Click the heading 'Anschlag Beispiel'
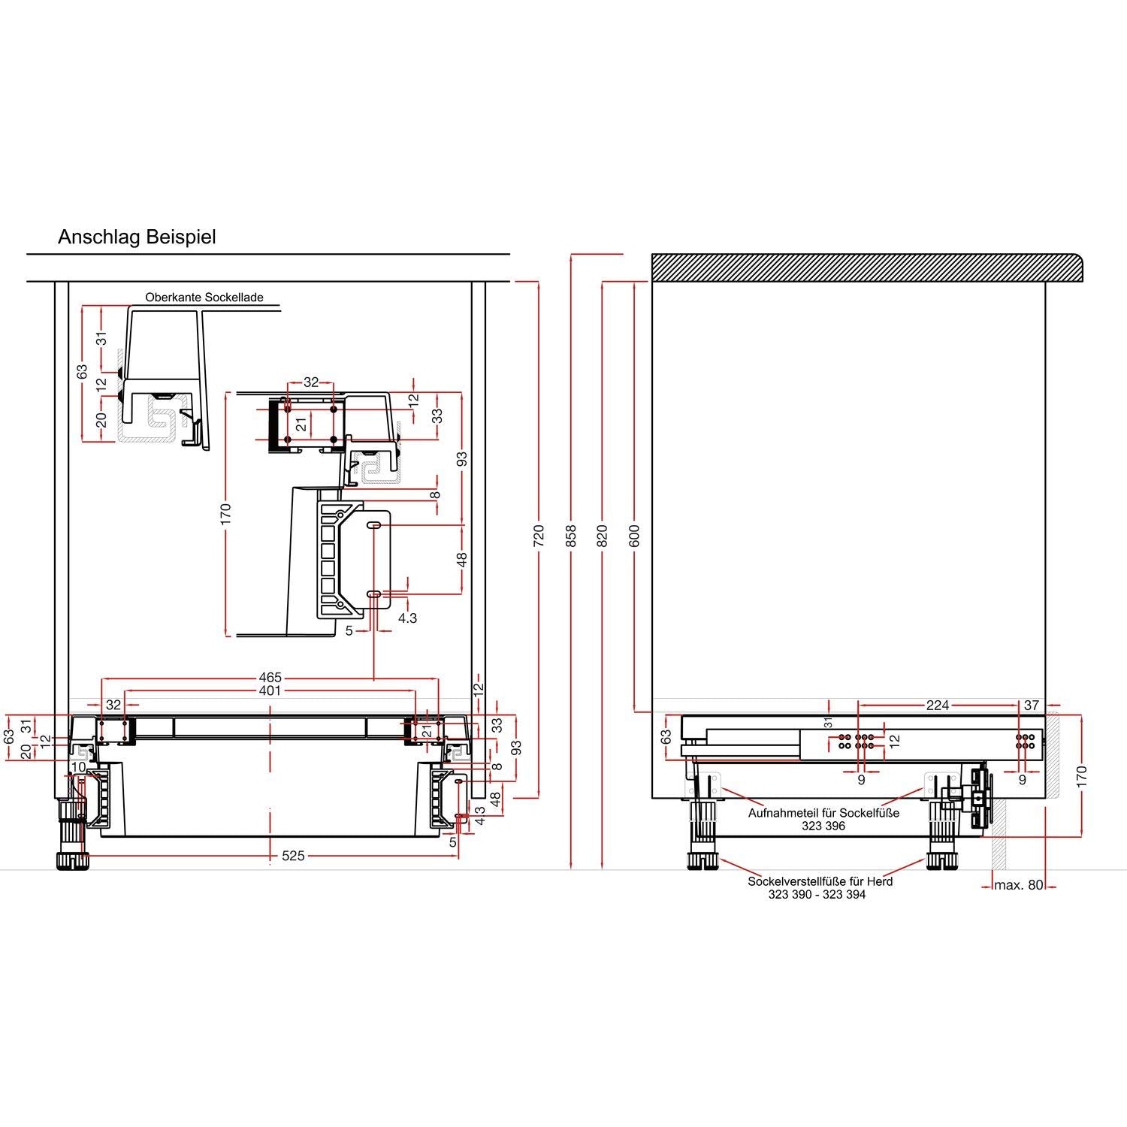coord(137,237)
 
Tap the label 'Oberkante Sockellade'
coord(204,298)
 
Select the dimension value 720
coord(538,536)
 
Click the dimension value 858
coord(570,535)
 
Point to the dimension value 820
coord(603,535)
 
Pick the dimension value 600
coord(635,535)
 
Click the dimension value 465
coord(270,678)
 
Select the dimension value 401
coord(270,690)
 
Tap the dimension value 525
coord(293,856)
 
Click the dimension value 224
coord(938,705)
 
